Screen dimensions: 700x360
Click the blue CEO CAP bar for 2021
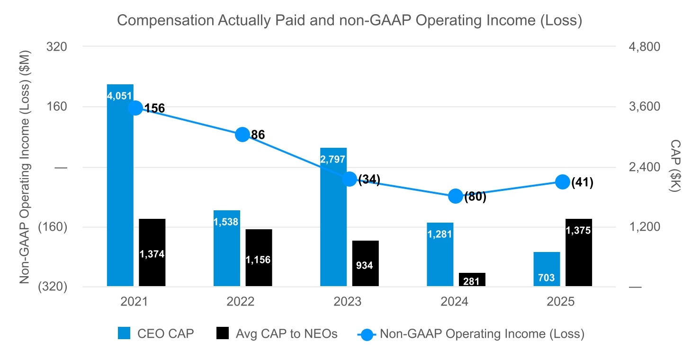(120, 185)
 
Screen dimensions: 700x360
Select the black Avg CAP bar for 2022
(259, 258)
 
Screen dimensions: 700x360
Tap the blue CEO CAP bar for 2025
(547, 269)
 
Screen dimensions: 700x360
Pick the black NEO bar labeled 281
(472, 279)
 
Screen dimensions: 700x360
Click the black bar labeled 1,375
(579, 252)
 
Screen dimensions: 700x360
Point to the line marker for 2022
(242, 135)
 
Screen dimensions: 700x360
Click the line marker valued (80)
(456, 196)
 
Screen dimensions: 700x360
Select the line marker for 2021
(135, 108)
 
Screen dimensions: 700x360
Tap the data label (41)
(582, 182)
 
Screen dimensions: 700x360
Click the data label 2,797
(332, 159)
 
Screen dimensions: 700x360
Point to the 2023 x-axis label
(347, 302)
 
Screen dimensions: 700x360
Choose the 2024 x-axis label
(454, 302)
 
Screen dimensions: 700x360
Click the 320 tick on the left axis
(56, 47)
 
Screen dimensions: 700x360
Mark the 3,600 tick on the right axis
(645, 107)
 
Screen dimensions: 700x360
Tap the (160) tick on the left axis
(53, 227)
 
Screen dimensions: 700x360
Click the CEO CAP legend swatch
(124, 333)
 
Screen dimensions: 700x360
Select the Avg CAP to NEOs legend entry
(277, 333)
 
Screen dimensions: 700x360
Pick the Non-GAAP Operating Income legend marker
(367, 335)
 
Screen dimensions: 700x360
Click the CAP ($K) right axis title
(675, 166)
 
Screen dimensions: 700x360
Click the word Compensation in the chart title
(166, 21)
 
